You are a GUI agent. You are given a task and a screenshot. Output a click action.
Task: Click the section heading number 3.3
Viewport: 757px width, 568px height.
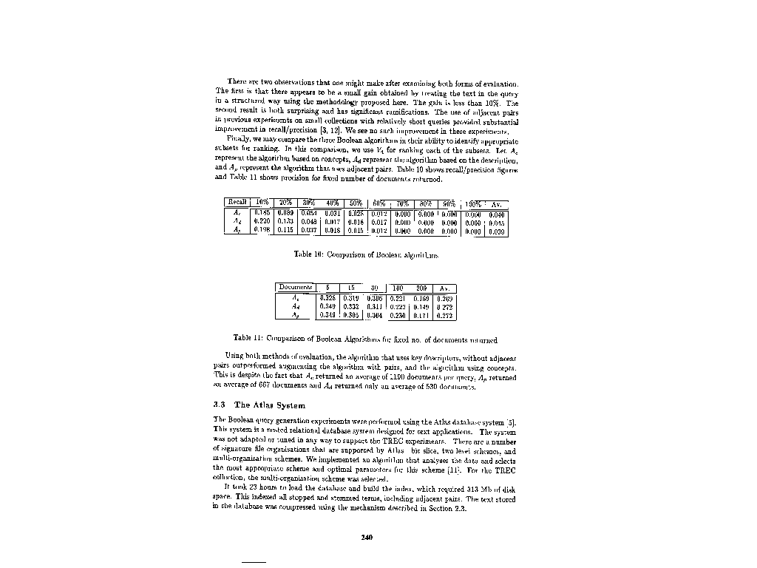point(220,405)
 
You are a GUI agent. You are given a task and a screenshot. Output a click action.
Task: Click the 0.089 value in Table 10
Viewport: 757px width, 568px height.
point(285,212)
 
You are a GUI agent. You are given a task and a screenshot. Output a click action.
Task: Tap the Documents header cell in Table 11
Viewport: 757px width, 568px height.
point(296,288)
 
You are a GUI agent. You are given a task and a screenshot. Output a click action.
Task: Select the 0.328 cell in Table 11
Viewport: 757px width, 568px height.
point(328,297)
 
